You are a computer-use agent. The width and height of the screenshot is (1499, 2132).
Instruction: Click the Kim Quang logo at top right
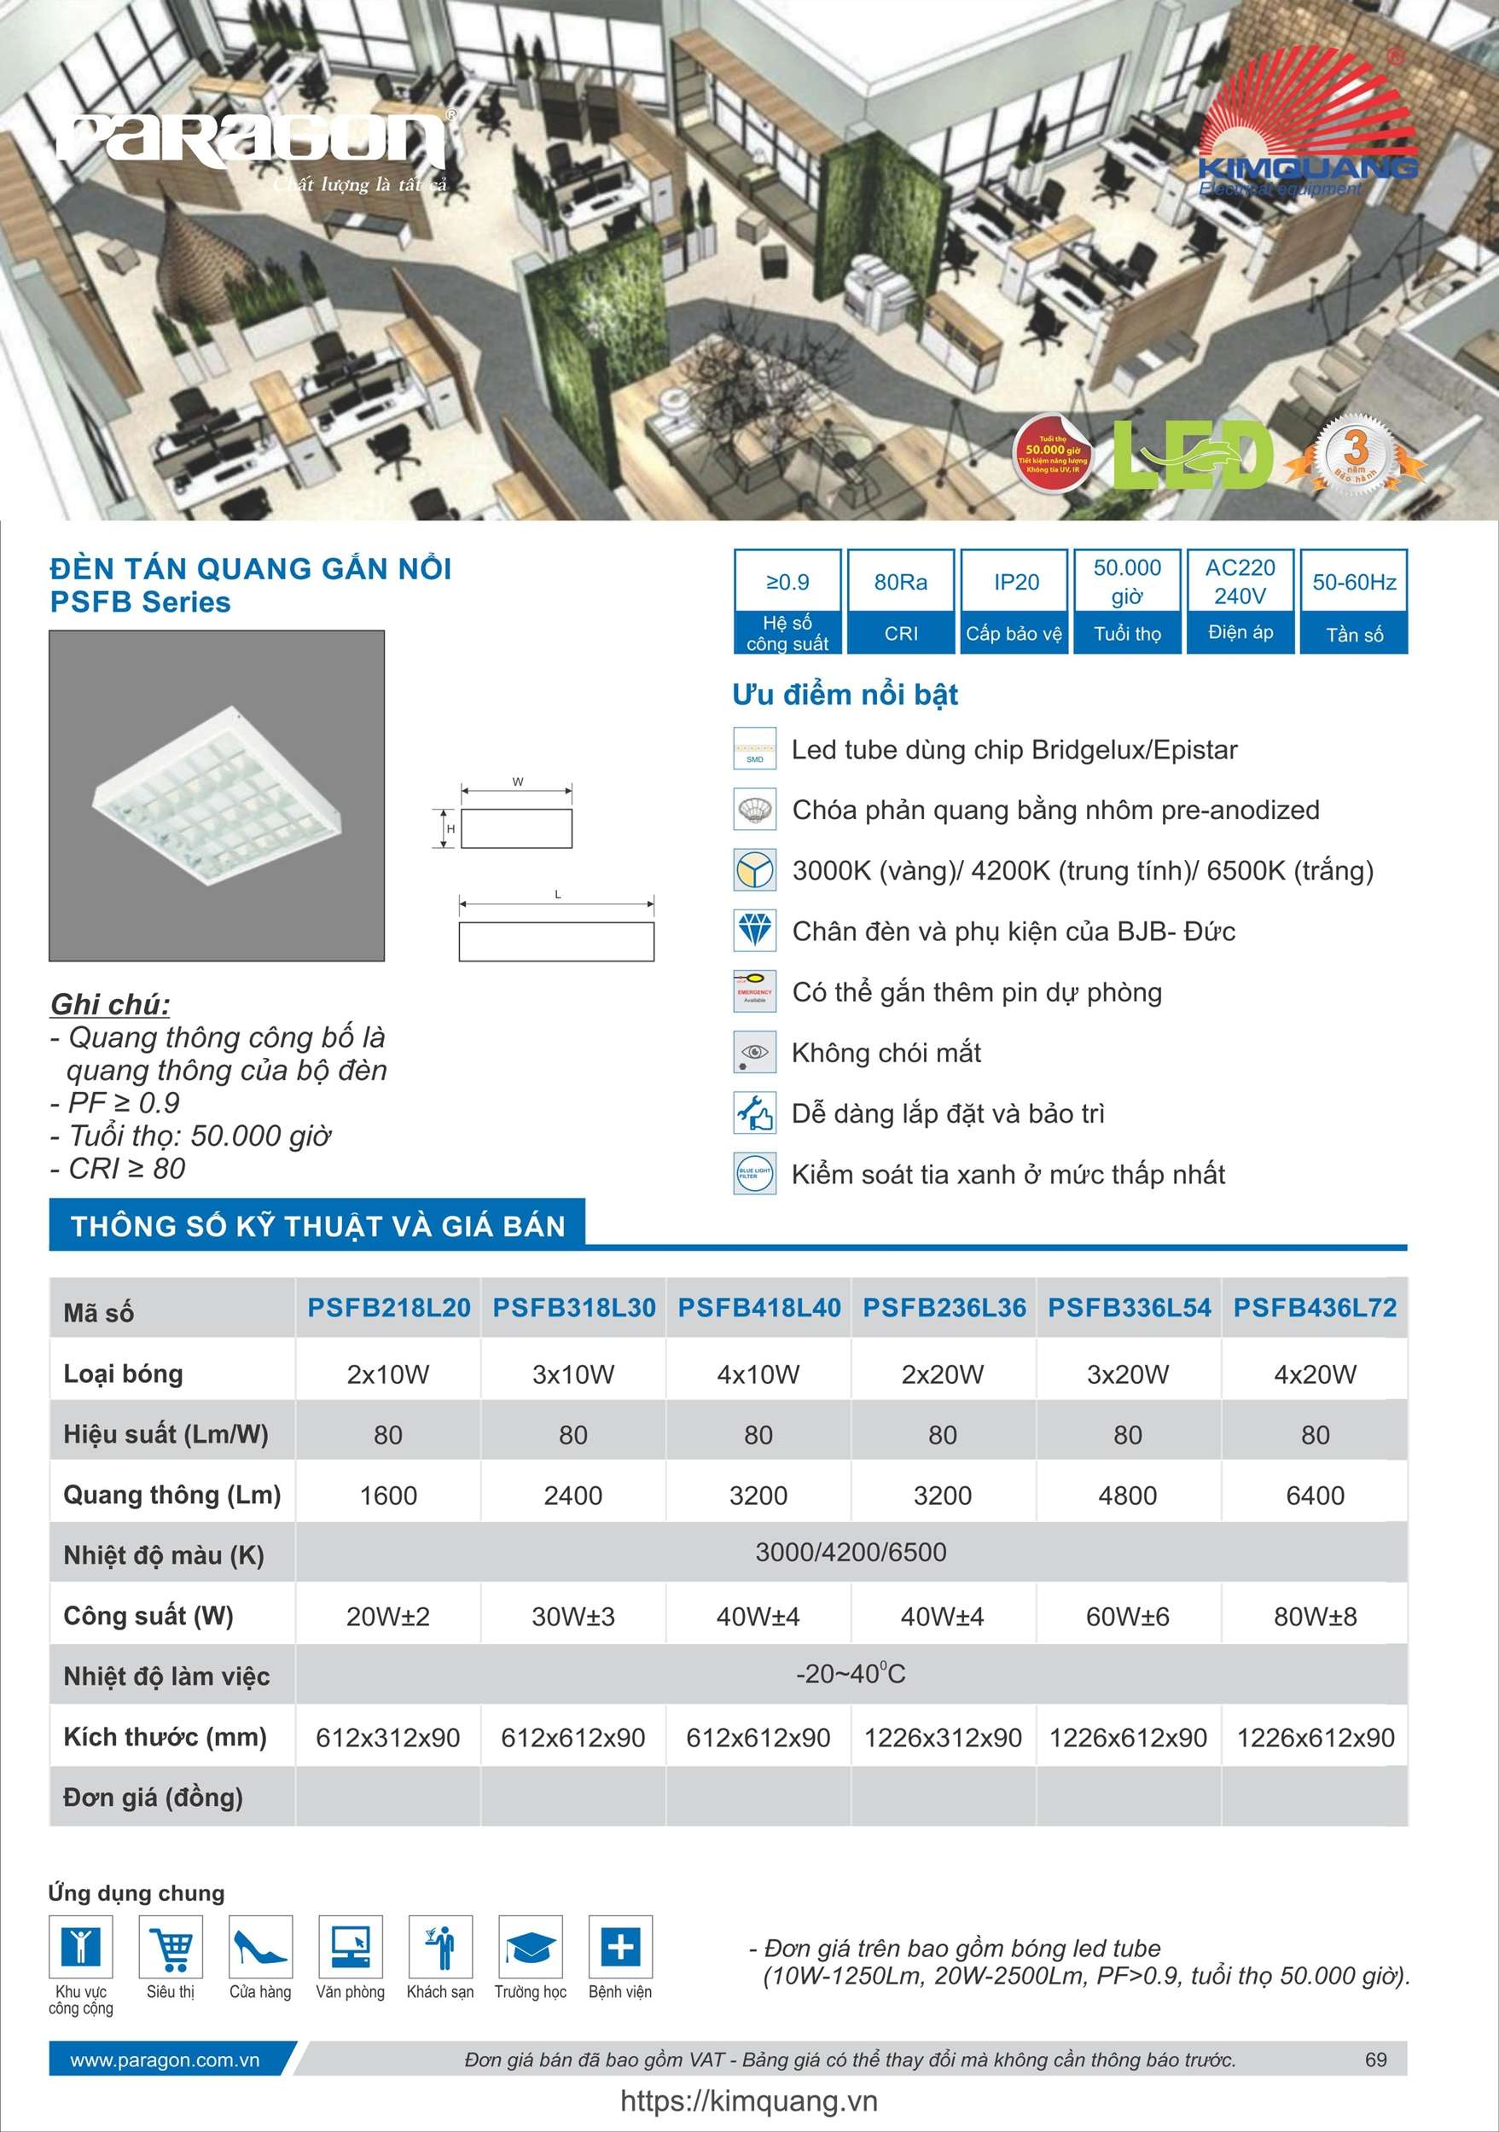(x=1308, y=125)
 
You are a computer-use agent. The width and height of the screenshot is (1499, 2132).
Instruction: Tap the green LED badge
(x=1193, y=455)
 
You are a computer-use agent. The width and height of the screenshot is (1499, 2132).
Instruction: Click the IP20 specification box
(x=1015, y=601)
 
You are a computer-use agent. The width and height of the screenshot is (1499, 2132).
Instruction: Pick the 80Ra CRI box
(x=901, y=601)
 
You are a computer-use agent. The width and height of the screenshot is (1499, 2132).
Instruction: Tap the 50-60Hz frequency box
(x=1354, y=601)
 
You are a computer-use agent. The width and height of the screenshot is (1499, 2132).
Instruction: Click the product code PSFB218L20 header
(x=389, y=1307)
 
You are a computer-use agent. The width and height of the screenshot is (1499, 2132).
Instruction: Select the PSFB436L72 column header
(x=1314, y=1307)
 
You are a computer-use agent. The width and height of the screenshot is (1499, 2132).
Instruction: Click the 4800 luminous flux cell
(x=1128, y=1496)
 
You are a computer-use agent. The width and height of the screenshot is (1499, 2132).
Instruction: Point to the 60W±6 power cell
(x=1128, y=1617)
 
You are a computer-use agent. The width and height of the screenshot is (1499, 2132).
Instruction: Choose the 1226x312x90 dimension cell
(x=943, y=1737)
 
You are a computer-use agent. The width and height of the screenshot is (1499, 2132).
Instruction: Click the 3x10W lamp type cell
(x=573, y=1374)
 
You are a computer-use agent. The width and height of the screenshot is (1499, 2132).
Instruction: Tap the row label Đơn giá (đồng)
(x=154, y=1797)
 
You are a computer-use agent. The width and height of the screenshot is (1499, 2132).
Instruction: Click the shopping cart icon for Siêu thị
(x=171, y=1946)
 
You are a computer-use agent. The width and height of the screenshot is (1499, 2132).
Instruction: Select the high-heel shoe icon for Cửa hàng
(x=260, y=1946)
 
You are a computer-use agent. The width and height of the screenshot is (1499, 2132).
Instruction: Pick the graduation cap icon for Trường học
(x=531, y=1946)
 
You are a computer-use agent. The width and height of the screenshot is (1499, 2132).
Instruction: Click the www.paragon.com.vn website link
(x=166, y=2059)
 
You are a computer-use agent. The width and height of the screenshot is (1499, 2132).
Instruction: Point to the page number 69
(x=1375, y=2059)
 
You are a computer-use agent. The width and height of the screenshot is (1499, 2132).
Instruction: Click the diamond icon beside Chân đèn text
(x=754, y=931)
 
